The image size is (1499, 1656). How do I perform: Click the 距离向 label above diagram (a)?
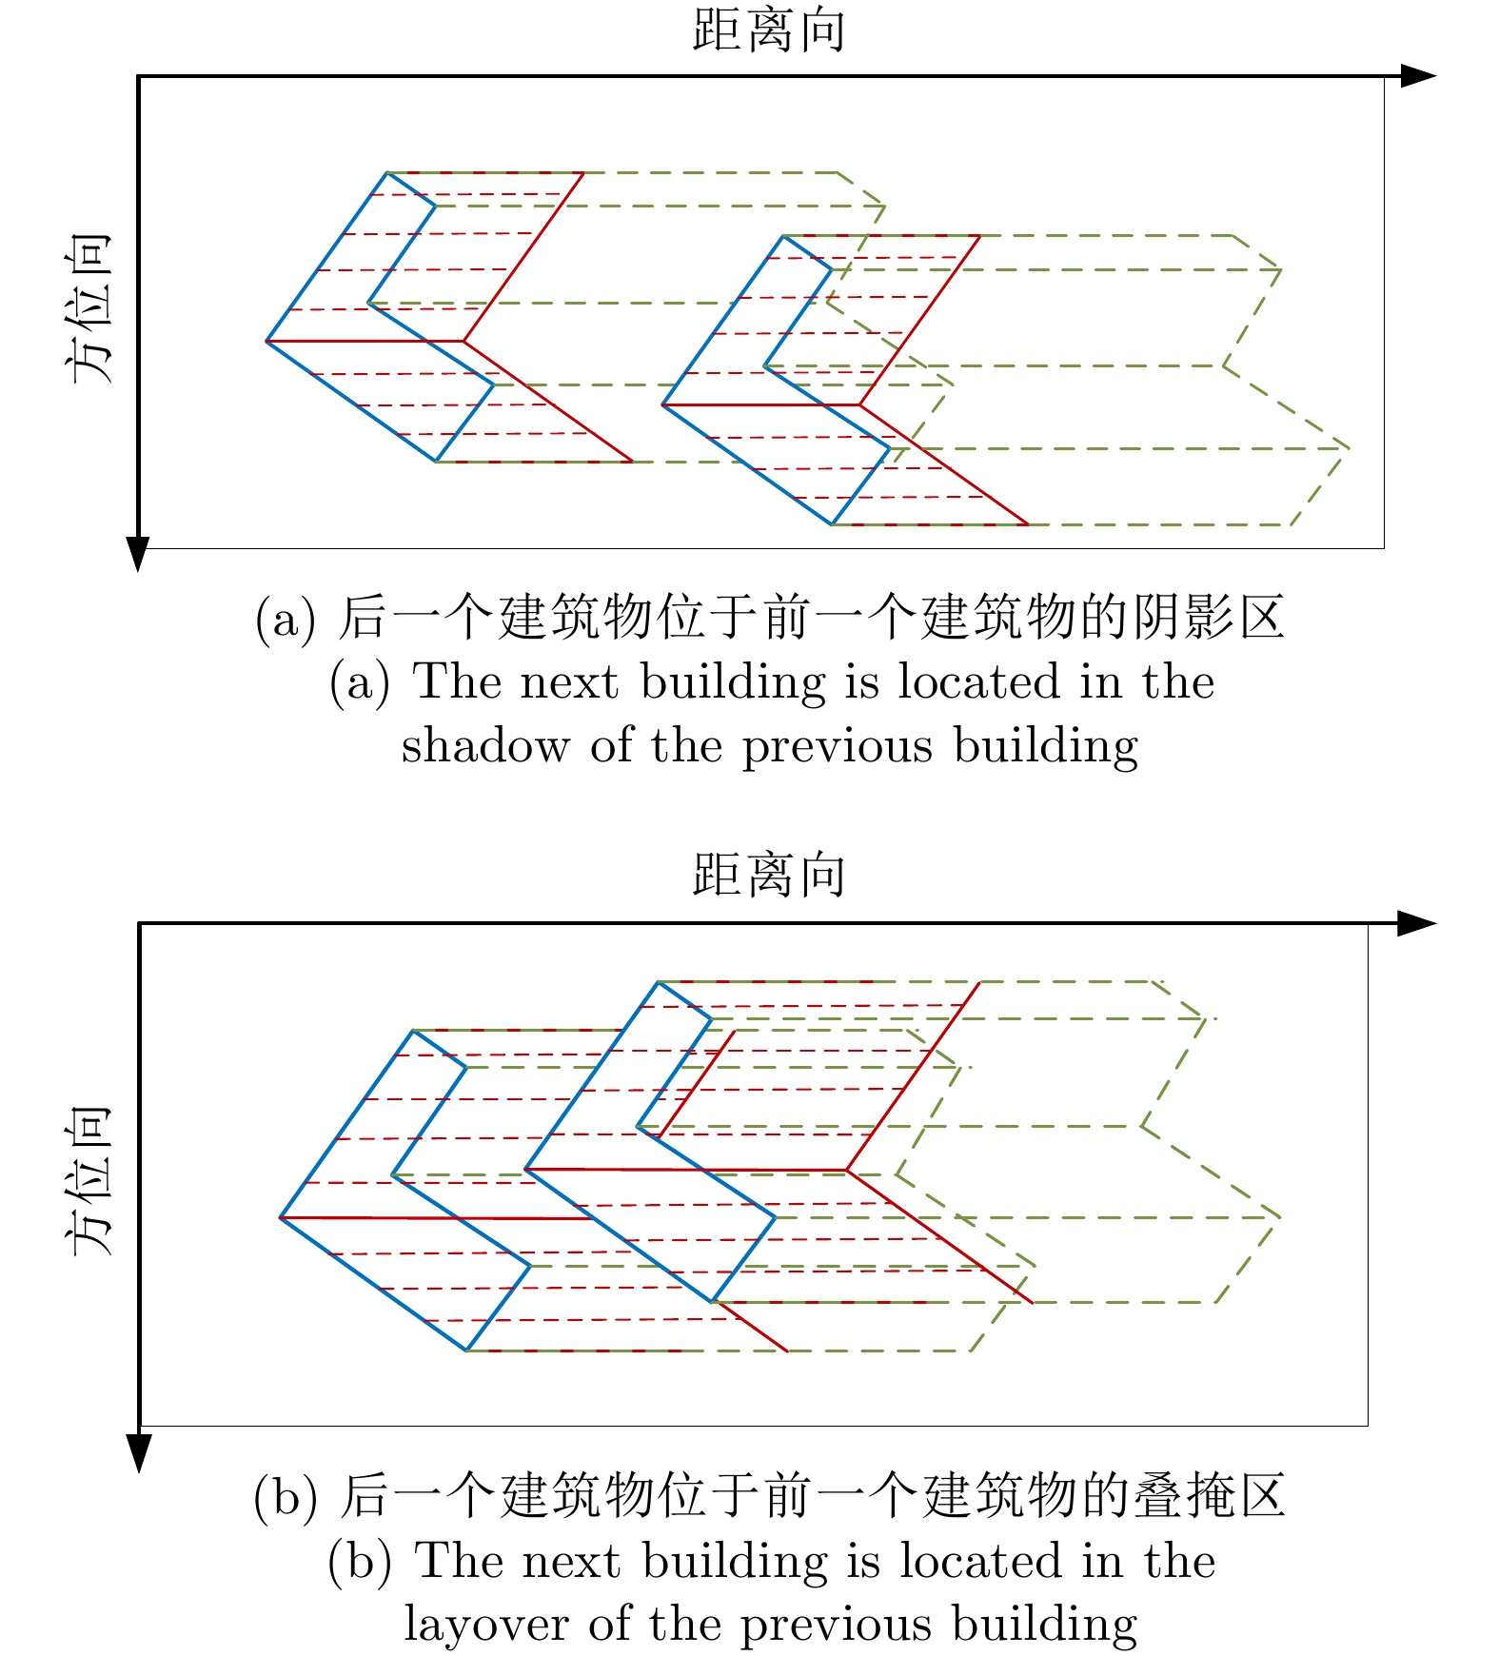click(768, 30)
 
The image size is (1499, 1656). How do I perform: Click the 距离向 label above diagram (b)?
click(768, 875)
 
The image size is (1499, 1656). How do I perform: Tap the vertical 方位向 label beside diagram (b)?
click(91, 1180)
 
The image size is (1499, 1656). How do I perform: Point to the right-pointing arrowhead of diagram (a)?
click(1418, 76)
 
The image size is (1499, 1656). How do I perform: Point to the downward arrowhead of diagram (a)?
click(138, 553)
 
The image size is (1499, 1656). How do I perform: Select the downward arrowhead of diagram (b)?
click(139, 1452)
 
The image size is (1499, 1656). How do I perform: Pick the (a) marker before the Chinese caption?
click(285, 619)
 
